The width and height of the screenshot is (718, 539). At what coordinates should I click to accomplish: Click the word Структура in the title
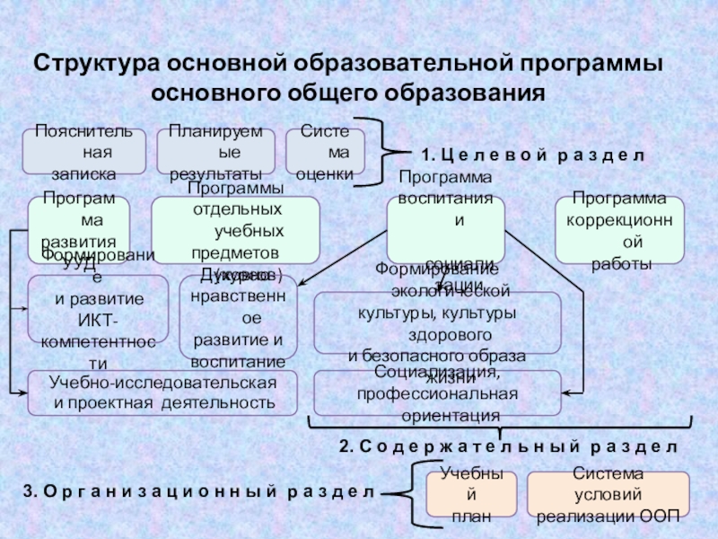pos(89,66)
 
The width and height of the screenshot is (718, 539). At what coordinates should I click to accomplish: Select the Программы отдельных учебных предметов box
pos(235,229)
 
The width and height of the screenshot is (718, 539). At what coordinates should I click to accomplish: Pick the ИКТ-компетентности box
pos(98,308)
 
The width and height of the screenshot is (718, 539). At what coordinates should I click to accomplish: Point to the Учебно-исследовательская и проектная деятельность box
pos(162,393)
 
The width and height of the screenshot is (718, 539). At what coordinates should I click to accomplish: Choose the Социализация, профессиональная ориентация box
pos(436,393)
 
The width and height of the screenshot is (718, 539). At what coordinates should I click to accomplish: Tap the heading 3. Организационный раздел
pos(197,491)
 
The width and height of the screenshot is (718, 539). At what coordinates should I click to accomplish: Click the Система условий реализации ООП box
pos(608,492)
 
